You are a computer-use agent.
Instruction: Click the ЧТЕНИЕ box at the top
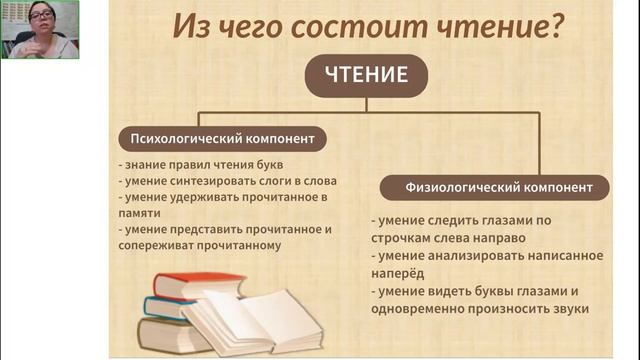tap(366, 75)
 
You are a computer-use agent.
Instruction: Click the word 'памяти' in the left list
tap(143, 213)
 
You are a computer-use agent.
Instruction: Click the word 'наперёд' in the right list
tap(397, 272)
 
